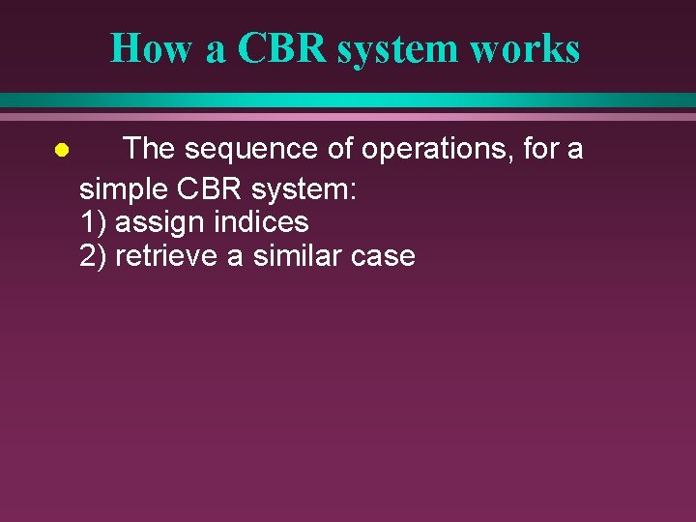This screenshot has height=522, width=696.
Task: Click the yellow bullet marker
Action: pyautogui.click(x=60, y=151)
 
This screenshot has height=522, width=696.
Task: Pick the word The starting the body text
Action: pyautogui.click(x=152, y=149)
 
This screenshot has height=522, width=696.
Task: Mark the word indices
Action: pyautogui.click(x=261, y=222)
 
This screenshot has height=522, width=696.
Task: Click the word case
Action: pyautogui.click(x=384, y=257)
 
